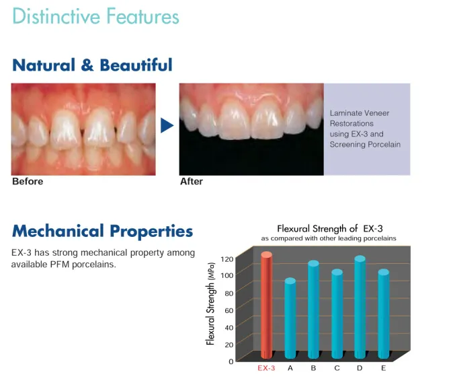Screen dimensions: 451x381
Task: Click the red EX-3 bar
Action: tap(266, 305)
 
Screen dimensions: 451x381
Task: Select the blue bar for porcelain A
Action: tap(290, 318)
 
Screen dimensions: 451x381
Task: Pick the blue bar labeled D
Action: tap(360, 307)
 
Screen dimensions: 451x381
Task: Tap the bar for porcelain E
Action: tap(383, 314)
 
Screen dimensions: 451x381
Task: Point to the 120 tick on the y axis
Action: tap(227, 259)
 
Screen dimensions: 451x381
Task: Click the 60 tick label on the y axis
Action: tap(229, 310)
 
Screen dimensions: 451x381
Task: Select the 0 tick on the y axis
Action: tap(231, 361)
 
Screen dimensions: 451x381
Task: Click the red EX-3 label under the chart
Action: tap(266, 368)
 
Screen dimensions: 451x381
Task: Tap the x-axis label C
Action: tap(337, 368)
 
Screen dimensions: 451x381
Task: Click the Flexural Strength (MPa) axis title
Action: tap(210, 304)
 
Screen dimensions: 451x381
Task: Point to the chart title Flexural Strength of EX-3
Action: tap(329, 229)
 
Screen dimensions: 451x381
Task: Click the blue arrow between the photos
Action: tap(167, 125)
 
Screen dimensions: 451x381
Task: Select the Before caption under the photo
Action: tap(28, 182)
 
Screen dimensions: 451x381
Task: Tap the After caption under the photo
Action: tap(192, 182)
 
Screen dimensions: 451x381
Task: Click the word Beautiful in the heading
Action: tap(136, 65)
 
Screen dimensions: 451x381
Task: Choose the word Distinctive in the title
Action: tap(56, 16)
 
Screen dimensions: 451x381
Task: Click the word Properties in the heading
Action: tap(151, 232)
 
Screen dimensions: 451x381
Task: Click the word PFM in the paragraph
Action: tap(60, 264)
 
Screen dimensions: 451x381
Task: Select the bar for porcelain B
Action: tap(313, 310)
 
